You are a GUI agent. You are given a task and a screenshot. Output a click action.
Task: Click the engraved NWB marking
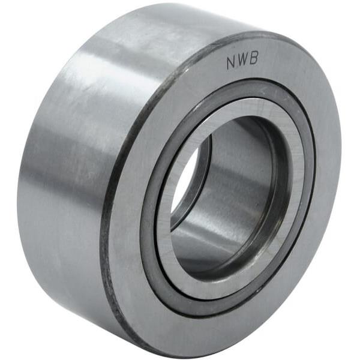coord(242,61)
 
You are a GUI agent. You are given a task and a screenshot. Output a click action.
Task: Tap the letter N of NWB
coord(232,63)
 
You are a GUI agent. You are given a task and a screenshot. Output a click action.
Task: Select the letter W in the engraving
coord(242,61)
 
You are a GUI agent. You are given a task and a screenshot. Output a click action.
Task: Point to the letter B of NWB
coord(254,59)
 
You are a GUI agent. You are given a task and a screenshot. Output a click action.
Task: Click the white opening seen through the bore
coord(184,184)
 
